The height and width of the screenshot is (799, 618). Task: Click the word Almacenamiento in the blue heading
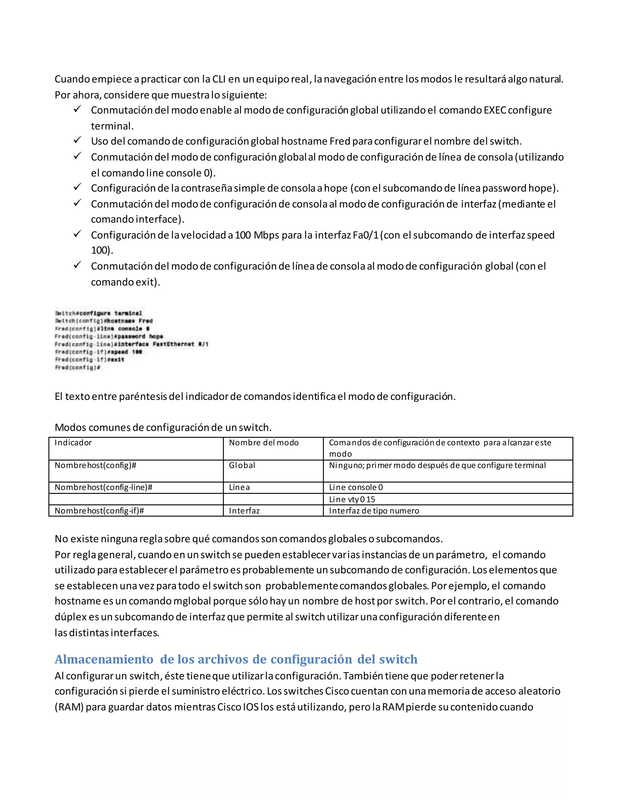[x=104, y=659]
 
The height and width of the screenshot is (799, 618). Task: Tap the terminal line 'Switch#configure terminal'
[x=98, y=313]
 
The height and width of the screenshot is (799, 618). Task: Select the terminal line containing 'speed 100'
[x=98, y=352]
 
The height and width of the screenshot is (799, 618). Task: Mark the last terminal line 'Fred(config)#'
[x=77, y=367]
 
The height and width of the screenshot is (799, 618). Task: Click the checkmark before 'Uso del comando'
[x=77, y=140]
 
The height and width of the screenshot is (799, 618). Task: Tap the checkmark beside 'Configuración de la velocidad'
[x=77, y=233]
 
